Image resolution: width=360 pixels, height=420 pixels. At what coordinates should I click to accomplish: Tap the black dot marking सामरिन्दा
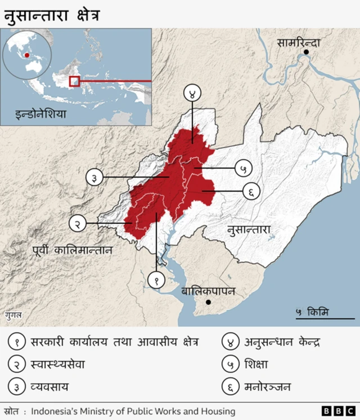[x=306, y=52]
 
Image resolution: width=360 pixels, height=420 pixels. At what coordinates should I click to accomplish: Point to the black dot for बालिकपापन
[x=209, y=302]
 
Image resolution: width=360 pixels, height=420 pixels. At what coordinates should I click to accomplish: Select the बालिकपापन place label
[x=208, y=291]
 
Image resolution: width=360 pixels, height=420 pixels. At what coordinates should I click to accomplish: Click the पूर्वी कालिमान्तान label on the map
[x=72, y=249]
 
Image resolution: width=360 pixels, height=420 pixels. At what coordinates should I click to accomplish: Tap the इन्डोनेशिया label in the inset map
[x=41, y=114]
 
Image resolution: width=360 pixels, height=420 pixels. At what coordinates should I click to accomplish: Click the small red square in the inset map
[x=74, y=81]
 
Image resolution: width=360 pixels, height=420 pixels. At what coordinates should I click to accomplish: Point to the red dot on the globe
[x=26, y=55]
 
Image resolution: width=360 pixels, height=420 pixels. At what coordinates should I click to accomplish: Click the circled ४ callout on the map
[x=192, y=94]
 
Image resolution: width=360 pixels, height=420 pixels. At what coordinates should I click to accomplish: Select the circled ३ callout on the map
[x=94, y=178]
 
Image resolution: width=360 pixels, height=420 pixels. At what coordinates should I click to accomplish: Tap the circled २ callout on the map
[x=78, y=223]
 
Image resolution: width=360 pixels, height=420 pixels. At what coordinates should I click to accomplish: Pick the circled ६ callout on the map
[x=251, y=191]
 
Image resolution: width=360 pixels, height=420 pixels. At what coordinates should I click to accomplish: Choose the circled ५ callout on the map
[x=243, y=168]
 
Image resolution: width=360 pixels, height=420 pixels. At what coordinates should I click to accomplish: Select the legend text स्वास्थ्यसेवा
[x=57, y=364]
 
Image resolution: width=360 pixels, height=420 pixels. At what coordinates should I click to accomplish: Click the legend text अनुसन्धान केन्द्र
[x=282, y=341]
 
